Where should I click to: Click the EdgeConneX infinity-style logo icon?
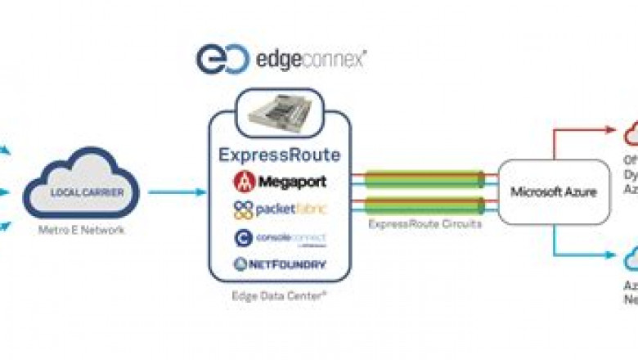point(217,60)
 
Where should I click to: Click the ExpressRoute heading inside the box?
point(279,155)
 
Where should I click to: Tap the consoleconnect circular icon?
point(242,236)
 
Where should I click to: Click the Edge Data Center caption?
point(279,292)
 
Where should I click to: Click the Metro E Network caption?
point(81,231)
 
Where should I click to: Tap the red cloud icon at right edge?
point(631,133)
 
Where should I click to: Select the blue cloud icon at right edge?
point(631,259)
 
